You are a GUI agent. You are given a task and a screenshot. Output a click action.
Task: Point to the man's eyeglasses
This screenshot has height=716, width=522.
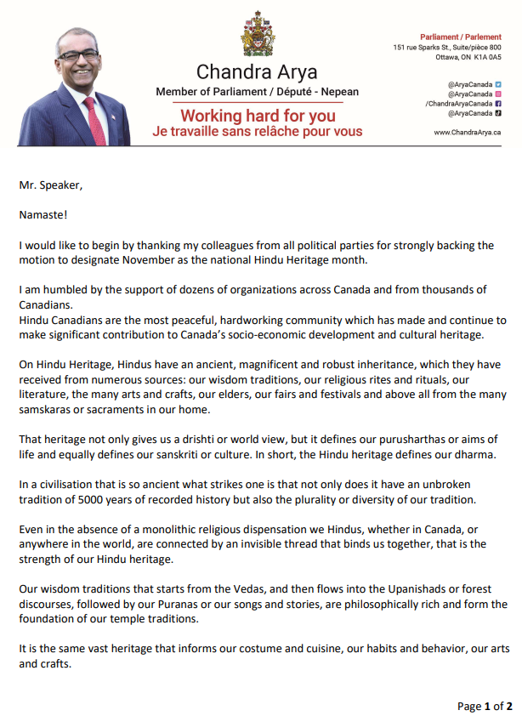pos(78,55)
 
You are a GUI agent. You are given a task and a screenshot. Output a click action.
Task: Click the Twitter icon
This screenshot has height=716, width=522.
pos(499,84)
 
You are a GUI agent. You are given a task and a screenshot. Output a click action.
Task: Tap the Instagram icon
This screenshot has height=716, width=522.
pos(499,94)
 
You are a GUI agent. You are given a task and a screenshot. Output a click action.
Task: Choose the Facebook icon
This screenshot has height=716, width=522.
pos(499,103)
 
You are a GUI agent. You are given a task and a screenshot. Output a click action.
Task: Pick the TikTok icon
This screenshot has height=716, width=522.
pos(499,112)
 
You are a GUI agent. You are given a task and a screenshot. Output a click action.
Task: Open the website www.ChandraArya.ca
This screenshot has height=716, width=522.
pos(467,132)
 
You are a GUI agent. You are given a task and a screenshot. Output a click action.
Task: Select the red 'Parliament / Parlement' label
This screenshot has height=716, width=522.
pos(461,37)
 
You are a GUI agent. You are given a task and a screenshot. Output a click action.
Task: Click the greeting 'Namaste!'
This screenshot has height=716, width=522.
pos(42,216)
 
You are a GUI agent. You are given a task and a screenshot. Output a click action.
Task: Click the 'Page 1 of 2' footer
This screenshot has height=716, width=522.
pos(485,706)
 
